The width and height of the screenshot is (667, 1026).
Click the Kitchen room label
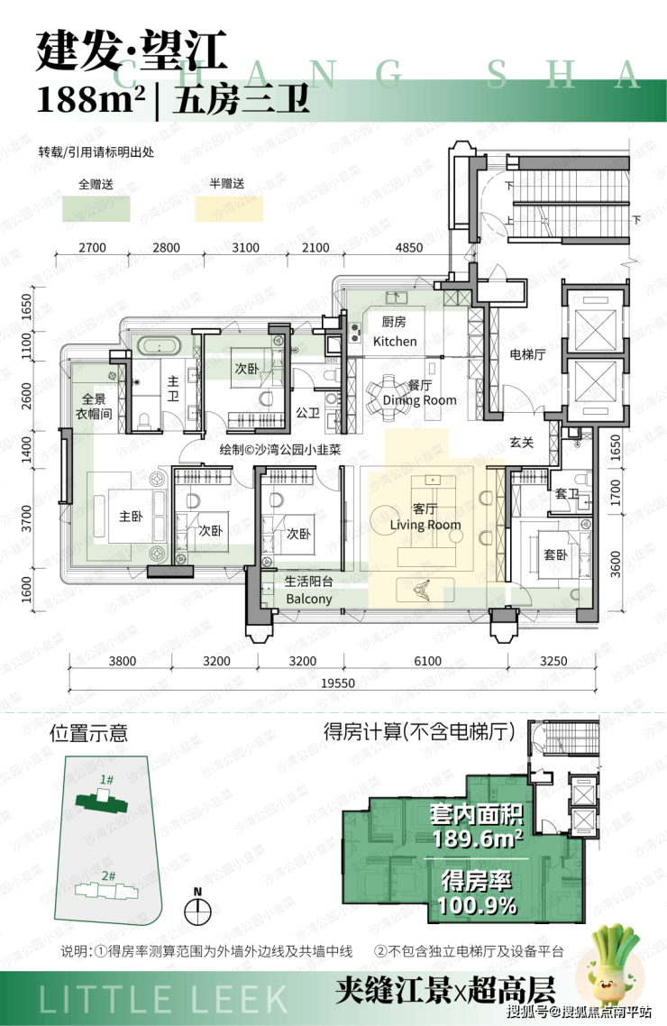coord(394,342)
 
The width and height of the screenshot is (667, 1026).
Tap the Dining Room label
coord(419,399)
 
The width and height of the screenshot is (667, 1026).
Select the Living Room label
coord(425,525)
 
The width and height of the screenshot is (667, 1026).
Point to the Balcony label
coord(308,599)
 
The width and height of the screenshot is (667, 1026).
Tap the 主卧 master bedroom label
coord(131,517)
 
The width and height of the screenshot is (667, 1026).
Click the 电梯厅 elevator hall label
coord(527,354)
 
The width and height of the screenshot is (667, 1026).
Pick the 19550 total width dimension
coord(337,683)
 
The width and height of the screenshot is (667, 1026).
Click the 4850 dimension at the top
coord(408,247)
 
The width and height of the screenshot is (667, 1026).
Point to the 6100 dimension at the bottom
coord(427,661)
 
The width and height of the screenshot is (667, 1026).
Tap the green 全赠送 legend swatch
coord(96,209)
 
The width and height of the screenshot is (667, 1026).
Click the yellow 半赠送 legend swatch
coord(229,209)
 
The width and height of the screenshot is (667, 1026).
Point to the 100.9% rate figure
coord(478,905)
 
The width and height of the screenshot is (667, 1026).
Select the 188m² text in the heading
coord(91,100)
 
